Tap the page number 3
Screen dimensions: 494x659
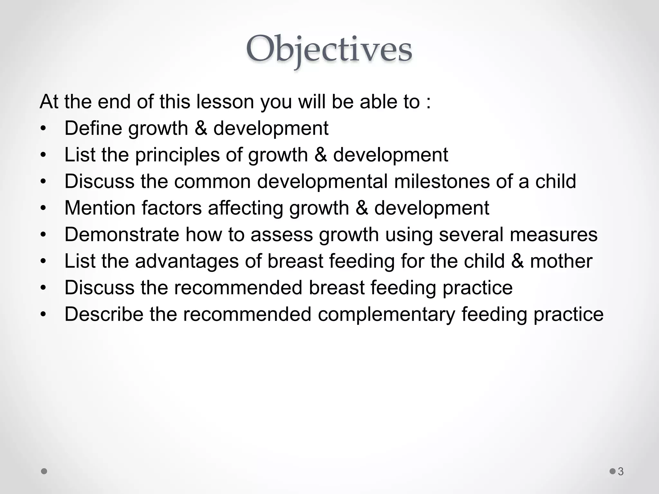coord(621,471)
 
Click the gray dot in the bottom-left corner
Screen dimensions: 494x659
coord(44,471)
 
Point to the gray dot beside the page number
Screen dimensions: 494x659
coord(613,471)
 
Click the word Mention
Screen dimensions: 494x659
coord(99,208)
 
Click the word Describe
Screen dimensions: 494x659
coord(104,314)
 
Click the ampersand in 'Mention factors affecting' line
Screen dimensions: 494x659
coord(362,208)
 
